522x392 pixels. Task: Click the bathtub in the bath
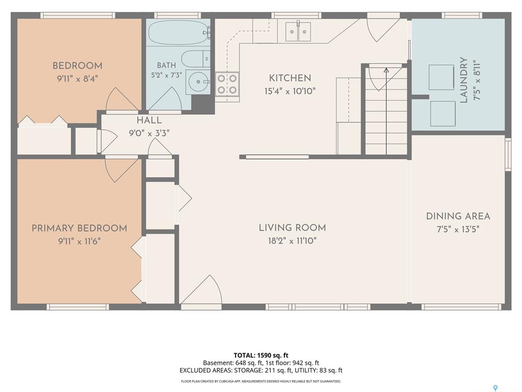(x=179, y=32)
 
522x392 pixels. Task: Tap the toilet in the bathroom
(x=196, y=59)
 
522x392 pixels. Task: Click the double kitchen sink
(x=298, y=32)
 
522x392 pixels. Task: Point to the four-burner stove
(x=227, y=84)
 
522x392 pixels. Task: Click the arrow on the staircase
(x=386, y=111)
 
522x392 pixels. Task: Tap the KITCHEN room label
(x=290, y=78)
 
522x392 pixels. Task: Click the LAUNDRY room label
(x=463, y=80)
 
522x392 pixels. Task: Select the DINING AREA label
(x=458, y=216)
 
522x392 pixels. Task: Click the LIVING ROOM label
(x=292, y=228)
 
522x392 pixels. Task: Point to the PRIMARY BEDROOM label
(x=79, y=228)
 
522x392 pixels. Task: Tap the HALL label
(x=149, y=120)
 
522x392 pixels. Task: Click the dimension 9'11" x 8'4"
(x=77, y=79)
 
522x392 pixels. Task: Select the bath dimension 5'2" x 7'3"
(x=167, y=75)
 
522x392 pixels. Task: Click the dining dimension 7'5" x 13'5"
(x=458, y=229)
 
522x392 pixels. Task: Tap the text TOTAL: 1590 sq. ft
(x=261, y=355)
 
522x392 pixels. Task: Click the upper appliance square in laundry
(x=441, y=78)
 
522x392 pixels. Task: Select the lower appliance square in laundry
(x=443, y=114)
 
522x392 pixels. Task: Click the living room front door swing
(x=201, y=289)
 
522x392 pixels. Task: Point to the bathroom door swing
(x=165, y=99)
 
